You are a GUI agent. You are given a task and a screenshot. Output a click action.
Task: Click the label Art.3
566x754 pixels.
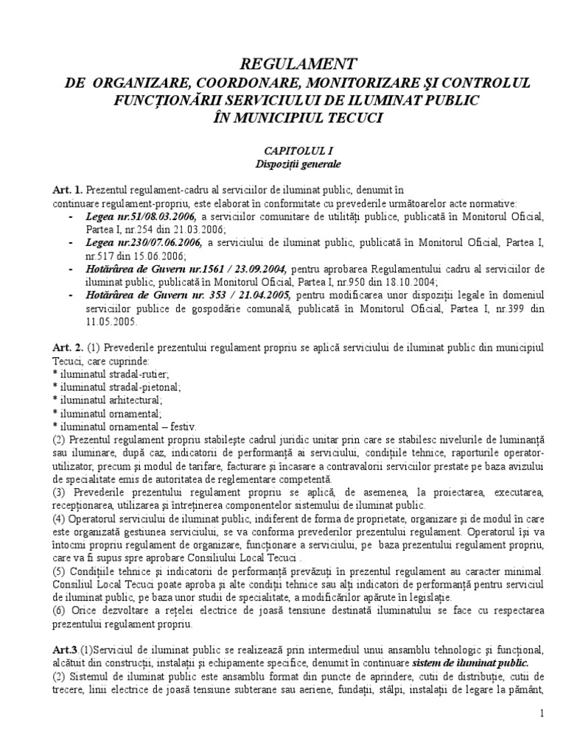click(67, 649)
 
